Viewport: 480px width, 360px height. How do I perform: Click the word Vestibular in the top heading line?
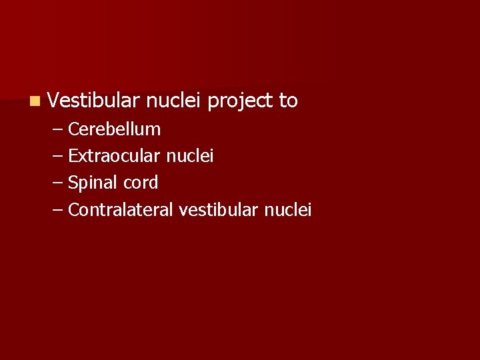93,101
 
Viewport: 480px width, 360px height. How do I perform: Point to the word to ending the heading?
288,101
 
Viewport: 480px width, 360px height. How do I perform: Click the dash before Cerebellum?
57,129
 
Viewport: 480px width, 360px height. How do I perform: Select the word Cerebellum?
114,129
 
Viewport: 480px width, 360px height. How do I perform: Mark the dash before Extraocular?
57,156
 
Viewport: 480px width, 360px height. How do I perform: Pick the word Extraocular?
114,156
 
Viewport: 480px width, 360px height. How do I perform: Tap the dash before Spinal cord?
57,183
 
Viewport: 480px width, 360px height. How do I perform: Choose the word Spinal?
91,183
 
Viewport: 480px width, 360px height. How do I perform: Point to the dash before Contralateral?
57,211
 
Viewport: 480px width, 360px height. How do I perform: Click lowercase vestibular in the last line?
219,210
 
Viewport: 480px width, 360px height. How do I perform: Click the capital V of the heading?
54,101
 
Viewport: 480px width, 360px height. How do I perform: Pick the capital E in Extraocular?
73,156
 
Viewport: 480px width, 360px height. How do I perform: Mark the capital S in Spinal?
73,183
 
